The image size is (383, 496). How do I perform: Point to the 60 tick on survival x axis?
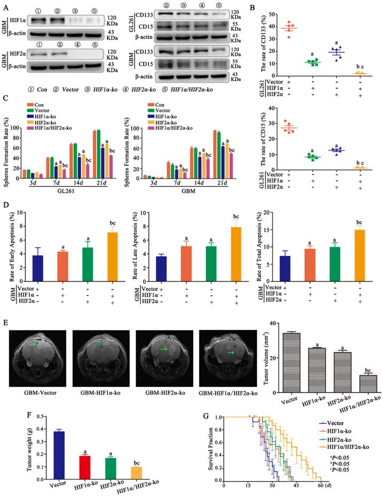click(319, 486)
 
